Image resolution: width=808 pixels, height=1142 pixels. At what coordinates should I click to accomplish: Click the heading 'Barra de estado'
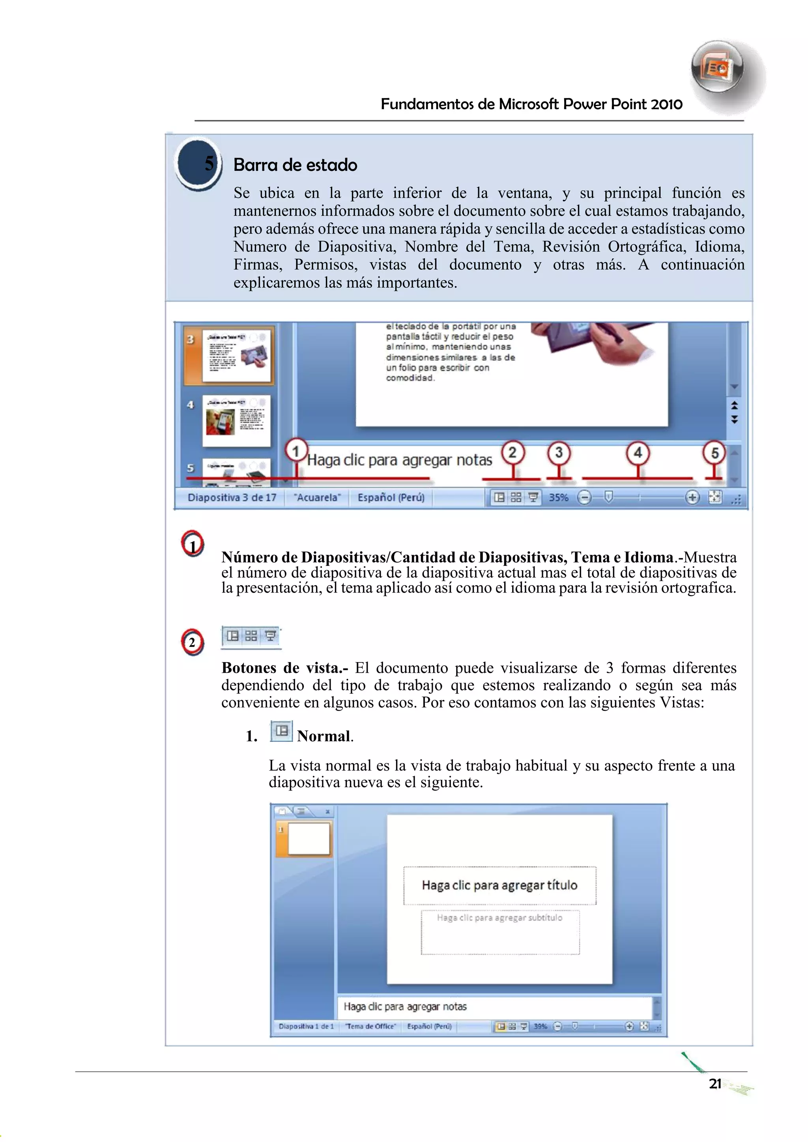click(x=295, y=164)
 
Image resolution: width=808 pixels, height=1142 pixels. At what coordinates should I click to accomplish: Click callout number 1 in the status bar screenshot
click(x=296, y=451)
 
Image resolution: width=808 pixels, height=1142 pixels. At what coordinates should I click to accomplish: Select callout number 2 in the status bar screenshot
click(x=512, y=452)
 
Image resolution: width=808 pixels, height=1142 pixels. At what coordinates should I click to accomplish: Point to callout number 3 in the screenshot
click(x=559, y=453)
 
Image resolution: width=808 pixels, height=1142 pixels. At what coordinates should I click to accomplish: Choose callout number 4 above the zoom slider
click(x=638, y=453)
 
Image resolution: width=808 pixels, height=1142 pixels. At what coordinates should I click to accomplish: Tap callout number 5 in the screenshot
click(x=714, y=453)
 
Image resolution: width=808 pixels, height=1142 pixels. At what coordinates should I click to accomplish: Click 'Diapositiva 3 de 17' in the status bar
click(x=232, y=497)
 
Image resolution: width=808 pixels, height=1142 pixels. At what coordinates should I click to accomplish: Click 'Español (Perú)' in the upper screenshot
click(x=391, y=497)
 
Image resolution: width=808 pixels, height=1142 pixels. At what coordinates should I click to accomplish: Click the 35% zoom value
click(x=558, y=497)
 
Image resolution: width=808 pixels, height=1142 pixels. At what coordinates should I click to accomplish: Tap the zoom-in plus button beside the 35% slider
click(x=692, y=497)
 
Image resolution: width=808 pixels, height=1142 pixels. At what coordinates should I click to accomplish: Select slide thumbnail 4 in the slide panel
click(x=236, y=421)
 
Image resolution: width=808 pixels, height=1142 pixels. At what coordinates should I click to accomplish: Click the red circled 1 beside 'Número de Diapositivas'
click(x=193, y=544)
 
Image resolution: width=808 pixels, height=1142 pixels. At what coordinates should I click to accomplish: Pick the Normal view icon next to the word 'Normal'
click(x=281, y=731)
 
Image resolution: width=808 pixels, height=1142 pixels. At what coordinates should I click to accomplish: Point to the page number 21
click(x=715, y=1084)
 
